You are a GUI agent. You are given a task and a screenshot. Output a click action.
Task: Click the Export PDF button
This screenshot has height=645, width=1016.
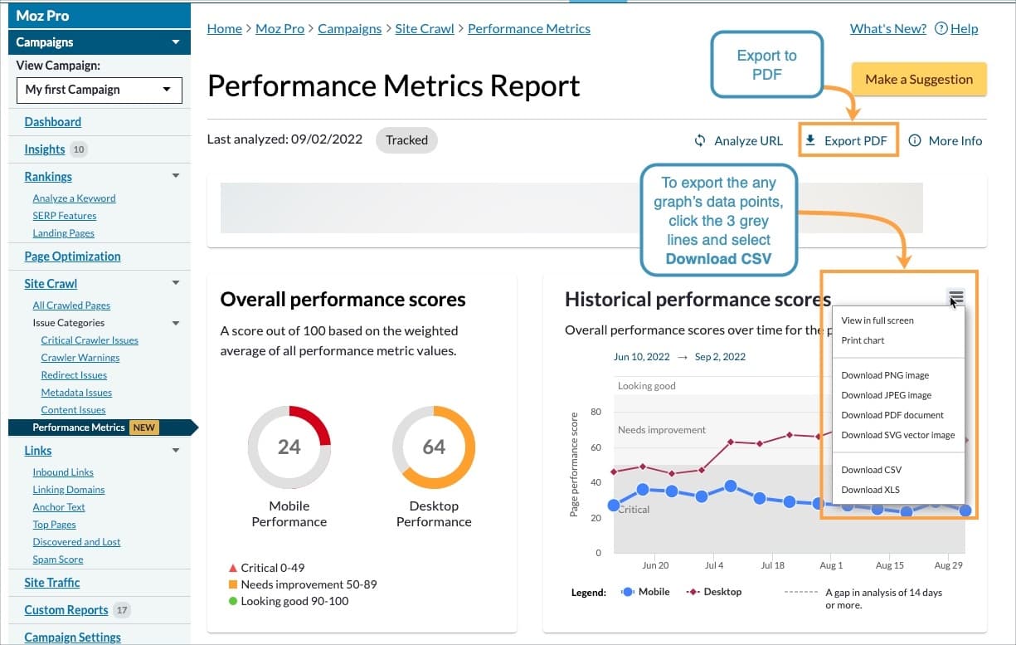[848, 141]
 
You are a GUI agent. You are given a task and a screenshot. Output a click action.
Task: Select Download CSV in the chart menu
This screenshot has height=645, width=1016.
[871, 470]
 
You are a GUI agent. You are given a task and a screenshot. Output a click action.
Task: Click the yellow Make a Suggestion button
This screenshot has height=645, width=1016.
[918, 80]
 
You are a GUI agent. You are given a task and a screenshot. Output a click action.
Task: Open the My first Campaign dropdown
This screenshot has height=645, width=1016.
[99, 90]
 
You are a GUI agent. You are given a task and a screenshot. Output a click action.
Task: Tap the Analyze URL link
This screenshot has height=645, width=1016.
[738, 141]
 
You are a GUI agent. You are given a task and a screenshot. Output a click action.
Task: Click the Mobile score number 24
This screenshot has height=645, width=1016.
[289, 447]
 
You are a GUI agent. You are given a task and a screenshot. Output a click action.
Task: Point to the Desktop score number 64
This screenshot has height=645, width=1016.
[434, 447]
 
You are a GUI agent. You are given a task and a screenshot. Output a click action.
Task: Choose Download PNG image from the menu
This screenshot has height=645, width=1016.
[885, 375]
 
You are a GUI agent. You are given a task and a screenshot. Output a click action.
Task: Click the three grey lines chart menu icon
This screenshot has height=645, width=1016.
[955, 297]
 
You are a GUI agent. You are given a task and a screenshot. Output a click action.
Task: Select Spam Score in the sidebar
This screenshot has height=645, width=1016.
[58, 559]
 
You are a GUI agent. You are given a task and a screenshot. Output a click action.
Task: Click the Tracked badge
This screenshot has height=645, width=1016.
[406, 140]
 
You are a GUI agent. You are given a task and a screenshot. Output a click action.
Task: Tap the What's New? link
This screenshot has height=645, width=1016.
[887, 28]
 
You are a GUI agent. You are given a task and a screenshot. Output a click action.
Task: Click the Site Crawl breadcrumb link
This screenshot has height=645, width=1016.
[424, 28]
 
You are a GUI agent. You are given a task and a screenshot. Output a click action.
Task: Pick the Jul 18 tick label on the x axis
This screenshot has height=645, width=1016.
[772, 565]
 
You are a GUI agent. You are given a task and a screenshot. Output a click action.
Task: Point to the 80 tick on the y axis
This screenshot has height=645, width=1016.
[596, 412]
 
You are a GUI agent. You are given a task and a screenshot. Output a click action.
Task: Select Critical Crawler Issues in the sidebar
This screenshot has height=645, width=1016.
[90, 340]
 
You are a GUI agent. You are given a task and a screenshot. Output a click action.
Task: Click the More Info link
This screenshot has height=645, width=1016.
[946, 141]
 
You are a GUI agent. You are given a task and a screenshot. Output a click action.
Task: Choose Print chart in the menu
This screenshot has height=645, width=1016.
[863, 340]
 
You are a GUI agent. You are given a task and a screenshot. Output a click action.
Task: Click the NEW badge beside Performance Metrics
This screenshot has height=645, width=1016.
[144, 428]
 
